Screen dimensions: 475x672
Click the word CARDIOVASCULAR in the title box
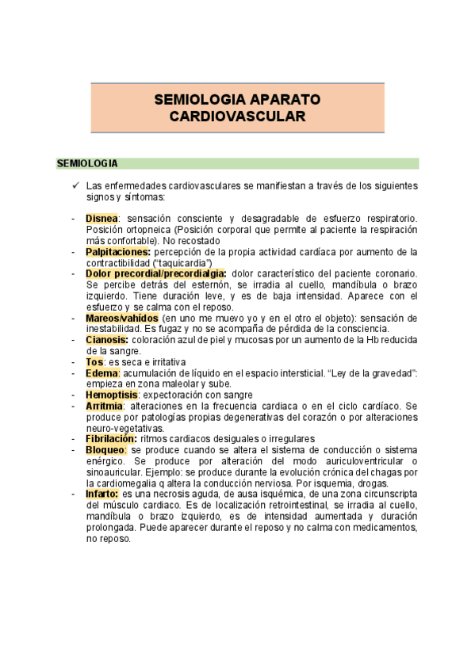(238, 116)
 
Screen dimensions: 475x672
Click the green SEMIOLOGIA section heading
(87, 164)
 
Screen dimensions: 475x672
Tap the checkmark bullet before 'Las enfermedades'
(74, 185)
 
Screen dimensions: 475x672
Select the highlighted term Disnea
(102, 218)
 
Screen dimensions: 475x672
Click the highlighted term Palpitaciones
(118, 251)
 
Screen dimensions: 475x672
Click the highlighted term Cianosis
(107, 339)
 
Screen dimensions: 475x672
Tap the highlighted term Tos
(94, 361)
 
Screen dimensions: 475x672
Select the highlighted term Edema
(102, 372)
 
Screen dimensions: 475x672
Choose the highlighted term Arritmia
(104, 406)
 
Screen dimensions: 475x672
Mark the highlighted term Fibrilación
(111, 438)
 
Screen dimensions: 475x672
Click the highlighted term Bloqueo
(105, 449)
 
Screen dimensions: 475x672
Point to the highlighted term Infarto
(103, 493)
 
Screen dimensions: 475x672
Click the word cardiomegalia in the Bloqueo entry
(135, 482)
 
